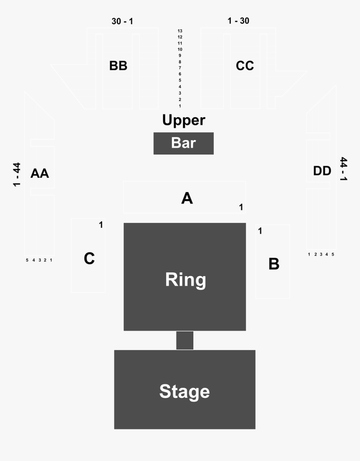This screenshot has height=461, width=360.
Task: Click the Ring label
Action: (x=185, y=279)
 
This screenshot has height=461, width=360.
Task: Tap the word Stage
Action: (x=185, y=391)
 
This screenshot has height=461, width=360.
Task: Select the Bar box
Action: (x=183, y=143)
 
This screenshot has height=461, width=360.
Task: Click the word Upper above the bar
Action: (x=184, y=120)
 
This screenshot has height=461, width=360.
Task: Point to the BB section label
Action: (x=118, y=66)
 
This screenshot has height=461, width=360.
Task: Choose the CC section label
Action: (x=245, y=66)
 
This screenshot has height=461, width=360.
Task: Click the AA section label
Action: (x=40, y=173)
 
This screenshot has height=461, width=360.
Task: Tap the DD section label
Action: (x=322, y=171)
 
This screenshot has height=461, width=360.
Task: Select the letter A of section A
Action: (x=187, y=198)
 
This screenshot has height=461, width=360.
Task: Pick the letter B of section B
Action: (x=274, y=264)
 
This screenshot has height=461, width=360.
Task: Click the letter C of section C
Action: (x=89, y=259)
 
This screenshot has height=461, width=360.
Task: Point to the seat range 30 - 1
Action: (x=122, y=21)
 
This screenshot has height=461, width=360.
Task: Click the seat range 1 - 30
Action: (x=238, y=20)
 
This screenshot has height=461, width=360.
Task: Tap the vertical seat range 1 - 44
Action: (x=17, y=174)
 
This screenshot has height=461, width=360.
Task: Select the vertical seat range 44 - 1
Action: (x=344, y=169)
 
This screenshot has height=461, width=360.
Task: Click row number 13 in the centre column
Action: (x=180, y=31)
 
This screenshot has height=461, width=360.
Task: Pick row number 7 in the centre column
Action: (x=180, y=68)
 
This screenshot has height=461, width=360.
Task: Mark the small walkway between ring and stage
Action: (x=185, y=340)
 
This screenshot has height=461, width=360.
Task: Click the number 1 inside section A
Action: (x=241, y=207)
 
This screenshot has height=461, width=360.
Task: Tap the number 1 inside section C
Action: (x=101, y=225)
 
